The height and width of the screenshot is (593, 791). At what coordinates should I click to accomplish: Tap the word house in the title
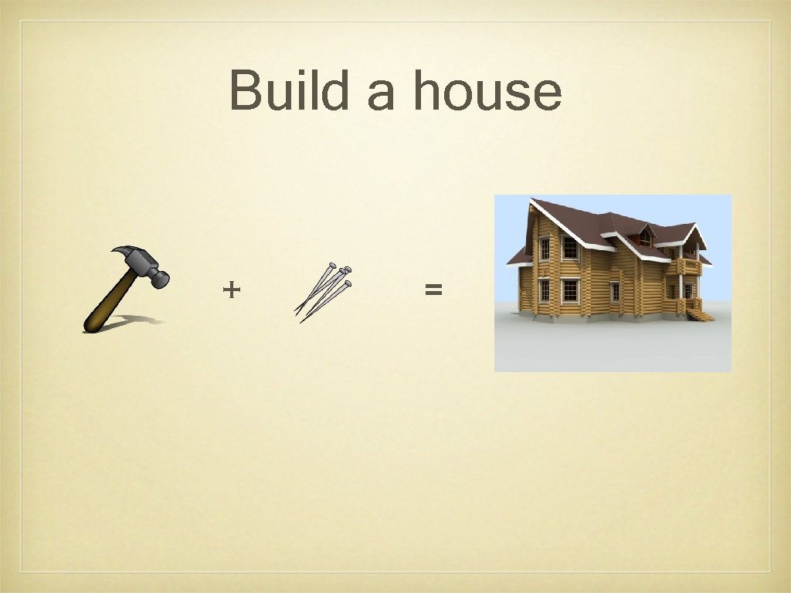[487, 91]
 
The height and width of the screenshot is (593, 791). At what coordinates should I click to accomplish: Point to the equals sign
[433, 290]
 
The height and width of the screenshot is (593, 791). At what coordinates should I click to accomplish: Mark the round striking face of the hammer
[162, 279]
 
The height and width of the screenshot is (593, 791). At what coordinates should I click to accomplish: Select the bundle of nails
[323, 291]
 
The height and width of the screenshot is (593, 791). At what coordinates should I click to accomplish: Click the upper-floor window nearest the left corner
[545, 249]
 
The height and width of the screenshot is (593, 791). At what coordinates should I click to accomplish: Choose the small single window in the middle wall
[615, 292]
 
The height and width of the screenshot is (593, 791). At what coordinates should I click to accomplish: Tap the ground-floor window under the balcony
[687, 290]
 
